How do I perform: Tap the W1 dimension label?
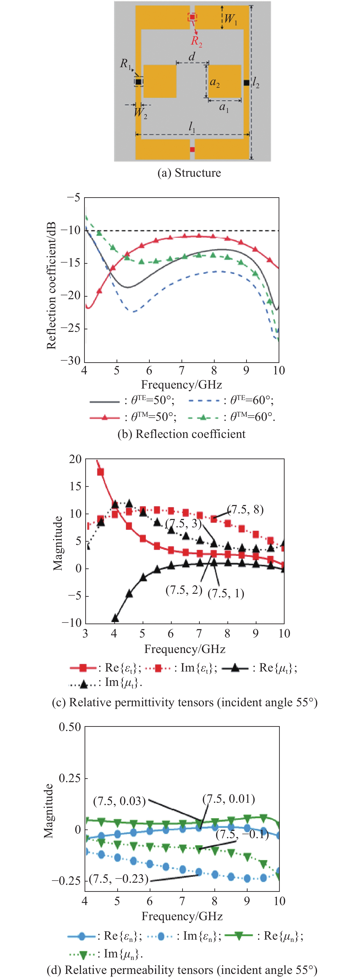point(230,19)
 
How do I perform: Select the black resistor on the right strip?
point(246,83)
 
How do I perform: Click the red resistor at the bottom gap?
point(192,149)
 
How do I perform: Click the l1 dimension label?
point(192,127)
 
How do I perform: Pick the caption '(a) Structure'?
point(189,173)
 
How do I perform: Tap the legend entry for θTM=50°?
point(133,417)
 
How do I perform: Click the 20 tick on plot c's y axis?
point(75,459)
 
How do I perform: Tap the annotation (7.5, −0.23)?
point(118,879)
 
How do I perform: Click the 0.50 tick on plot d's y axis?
point(70,727)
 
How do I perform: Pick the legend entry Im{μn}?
point(106,954)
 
